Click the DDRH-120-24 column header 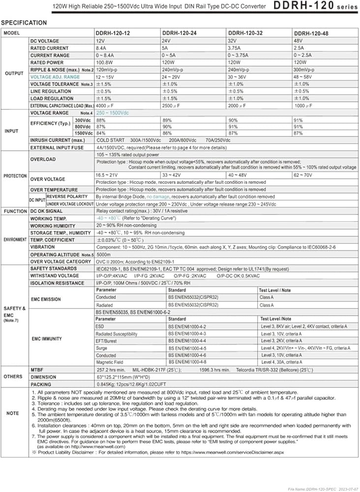tap(177, 32)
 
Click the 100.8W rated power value tap(104, 62)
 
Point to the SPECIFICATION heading tap(24, 23)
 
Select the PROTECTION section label tap(15, 176)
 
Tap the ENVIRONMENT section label tap(15, 239)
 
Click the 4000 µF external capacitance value tap(106, 105)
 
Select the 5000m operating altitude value tap(103, 254)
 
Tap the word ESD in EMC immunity tap(100, 326)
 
